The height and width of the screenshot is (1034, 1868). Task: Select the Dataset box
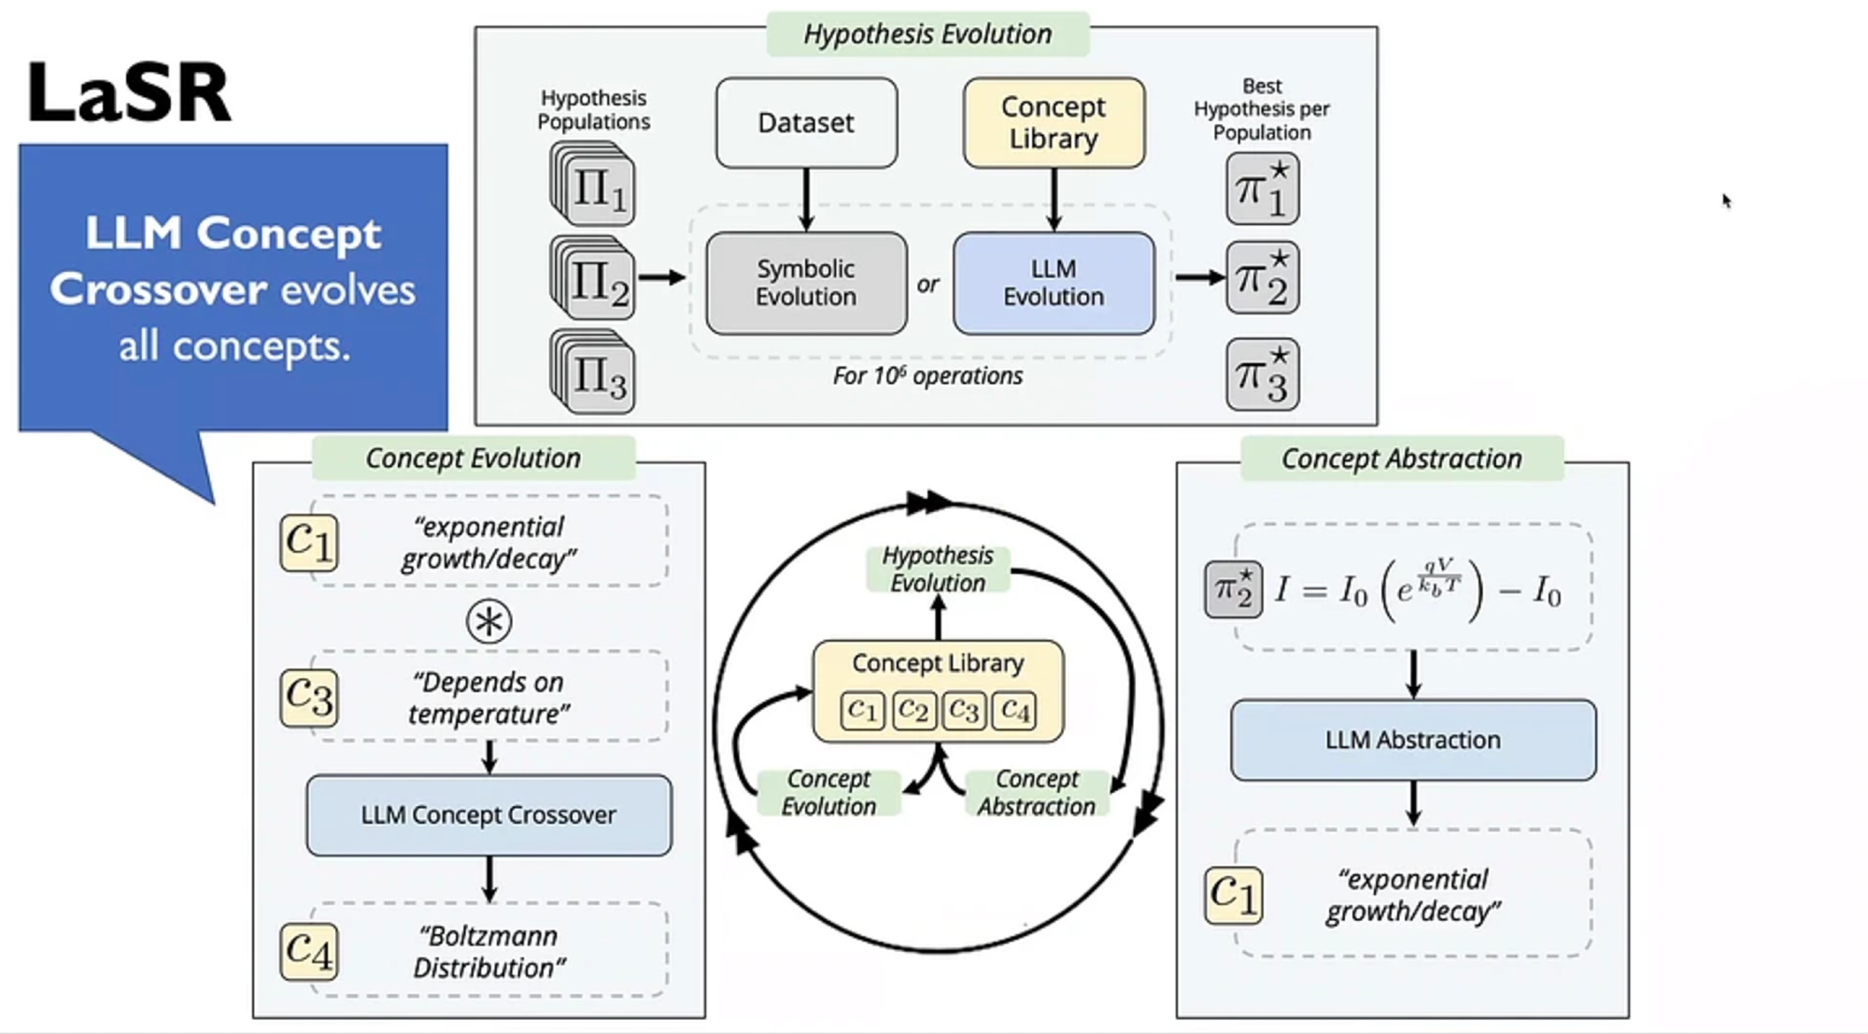coord(806,123)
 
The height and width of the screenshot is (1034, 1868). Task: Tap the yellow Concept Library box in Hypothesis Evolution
coord(1054,123)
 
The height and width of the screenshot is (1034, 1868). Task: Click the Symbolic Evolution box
coord(806,283)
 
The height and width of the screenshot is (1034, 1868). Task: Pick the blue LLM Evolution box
coord(1054,283)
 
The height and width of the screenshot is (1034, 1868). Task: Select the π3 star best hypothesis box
coord(1262,375)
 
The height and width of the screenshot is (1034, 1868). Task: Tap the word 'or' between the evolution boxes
coord(927,285)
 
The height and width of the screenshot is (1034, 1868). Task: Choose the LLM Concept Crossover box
coord(488,814)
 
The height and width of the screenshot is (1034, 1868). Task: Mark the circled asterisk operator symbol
coord(488,622)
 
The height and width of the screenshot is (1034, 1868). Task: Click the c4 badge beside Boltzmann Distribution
coord(308,951)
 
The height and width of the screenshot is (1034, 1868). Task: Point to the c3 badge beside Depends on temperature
coord(308,697)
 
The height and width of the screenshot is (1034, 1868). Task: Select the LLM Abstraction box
coord(1412,740)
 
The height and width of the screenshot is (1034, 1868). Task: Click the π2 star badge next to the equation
coord(1233,589)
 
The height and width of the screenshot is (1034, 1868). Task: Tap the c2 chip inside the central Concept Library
coord(913,712)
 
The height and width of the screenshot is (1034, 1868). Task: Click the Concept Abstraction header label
coord(1401,459)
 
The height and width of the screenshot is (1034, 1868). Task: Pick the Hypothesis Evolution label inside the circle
coord(938,569)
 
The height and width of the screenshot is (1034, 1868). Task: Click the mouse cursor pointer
coord(1726,201)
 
